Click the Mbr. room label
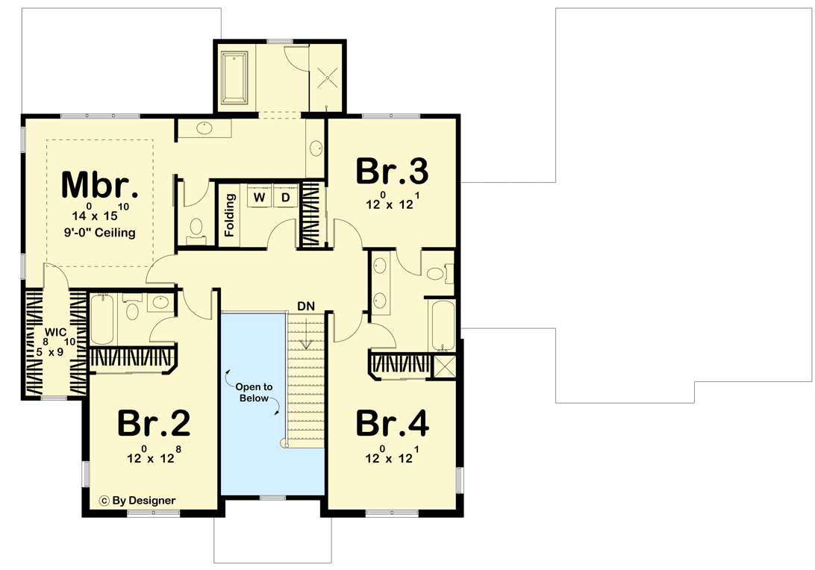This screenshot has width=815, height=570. [x=99, y=184]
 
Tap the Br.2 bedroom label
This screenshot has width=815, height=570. [x=154, y=424]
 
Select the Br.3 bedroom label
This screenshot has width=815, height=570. [x=392, y=171]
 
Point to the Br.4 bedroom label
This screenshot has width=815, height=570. [x=392, y=423]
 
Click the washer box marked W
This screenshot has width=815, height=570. [x=260, y=198]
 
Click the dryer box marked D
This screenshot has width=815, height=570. [x=284, y=198]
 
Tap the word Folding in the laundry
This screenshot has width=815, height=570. [x=231, y=216]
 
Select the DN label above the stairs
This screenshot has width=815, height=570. [x=305, y=306]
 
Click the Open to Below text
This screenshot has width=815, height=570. [x=254, y=392]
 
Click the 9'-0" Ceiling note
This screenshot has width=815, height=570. [x=99, y=232]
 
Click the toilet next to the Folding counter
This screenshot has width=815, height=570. [x=197, y=228]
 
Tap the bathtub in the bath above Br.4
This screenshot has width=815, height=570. [x=440, y=325]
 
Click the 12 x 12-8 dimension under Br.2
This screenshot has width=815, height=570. [x=154, y=456]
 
